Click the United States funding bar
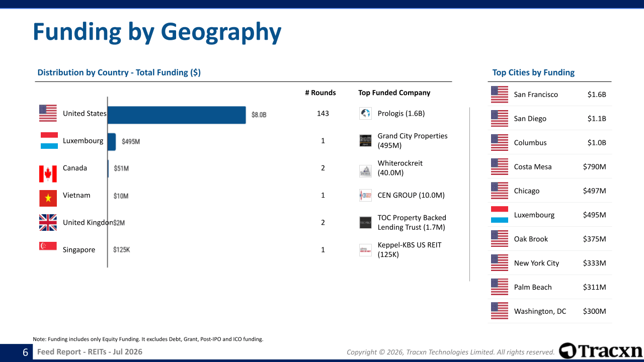pyautogui.click(x=177, y=115)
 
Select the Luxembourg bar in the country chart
pyautogui.click(x=112, y=142)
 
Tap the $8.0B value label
pyautogui.click(x=259, y=115)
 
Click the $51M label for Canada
pyautogui.click(x=121, y=168)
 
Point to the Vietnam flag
pyautogui.click(x=48, y=198)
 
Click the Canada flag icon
pyautogui.click(x=48, y=174)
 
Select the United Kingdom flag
pyautogui.click(x=48, y=222)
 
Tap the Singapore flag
pyautogui.click(x=48, y=246)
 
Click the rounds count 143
pyautogui.click(x=323, y=114)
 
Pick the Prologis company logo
pyautogui.click(x=365, y=113)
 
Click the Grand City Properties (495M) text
pyautogui.click(x=412, y=140)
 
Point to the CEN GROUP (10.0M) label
pyautogui.click(x=411, y=196)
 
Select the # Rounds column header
pyautogui.click(x=320, y=93)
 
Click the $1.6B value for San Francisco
pyautogui.click(x=597, y=95)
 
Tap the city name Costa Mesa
pyautogui.click(x=533, y=167)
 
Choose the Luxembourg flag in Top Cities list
pyautogui.click(x=500, y=215)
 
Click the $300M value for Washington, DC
pyautogui.click(x=594, y=311)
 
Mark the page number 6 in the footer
pyautogui.click(x=25, y=352)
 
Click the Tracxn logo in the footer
pyautogui.click(x=601, y=351)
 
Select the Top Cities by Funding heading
pyautogui.click(x=533, y=72)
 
